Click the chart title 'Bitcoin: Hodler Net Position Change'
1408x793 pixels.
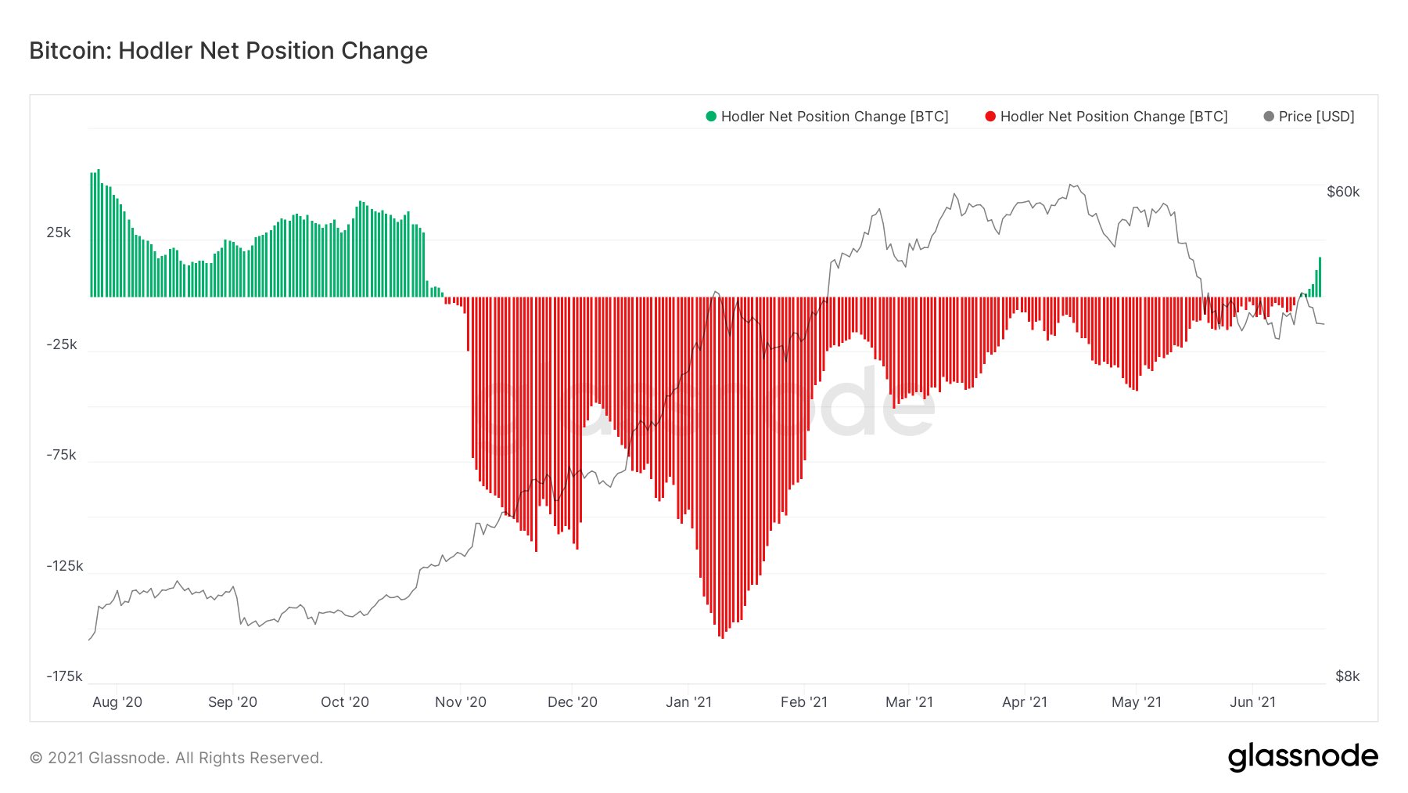click(x=228, y=51)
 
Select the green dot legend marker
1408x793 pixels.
click(x=711, y=117)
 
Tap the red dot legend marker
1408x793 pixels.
click(x=990, y=117)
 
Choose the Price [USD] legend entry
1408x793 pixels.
click(x=1309, y=117)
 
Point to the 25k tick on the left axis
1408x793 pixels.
click(x=59, y=232)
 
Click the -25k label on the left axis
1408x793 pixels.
click(x=62, y=344)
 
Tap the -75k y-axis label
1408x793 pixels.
click(x=62, y=455)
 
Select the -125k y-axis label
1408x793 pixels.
click(x=65, y=566)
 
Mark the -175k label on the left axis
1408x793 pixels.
click(x=65, y=676)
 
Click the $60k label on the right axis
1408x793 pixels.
click(x=1343, y=192)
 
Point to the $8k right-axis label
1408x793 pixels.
click(x=1348, y=676)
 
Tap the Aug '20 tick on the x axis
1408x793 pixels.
click(x=117, y=702)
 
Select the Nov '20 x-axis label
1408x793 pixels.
click(x=461, y=702)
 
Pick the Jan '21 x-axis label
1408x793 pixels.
click(x=689, y=702)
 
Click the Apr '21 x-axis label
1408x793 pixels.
click(x=1025, y=702)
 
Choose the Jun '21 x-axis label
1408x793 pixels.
click(x=1253, y=702)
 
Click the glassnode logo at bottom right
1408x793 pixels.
click(x=1303, y=757)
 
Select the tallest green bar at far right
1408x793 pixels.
click(x=1320, y=277)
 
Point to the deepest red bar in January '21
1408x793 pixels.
click(x=722, y=467)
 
